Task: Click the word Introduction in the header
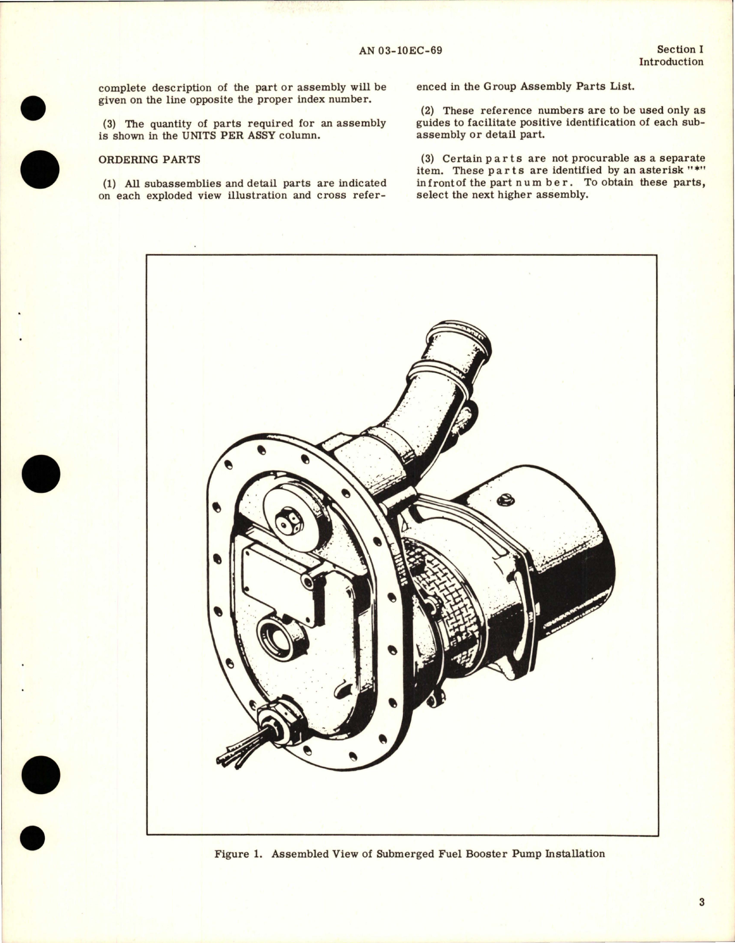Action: (x=671, y=62)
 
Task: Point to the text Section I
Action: (x=680, y=50)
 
